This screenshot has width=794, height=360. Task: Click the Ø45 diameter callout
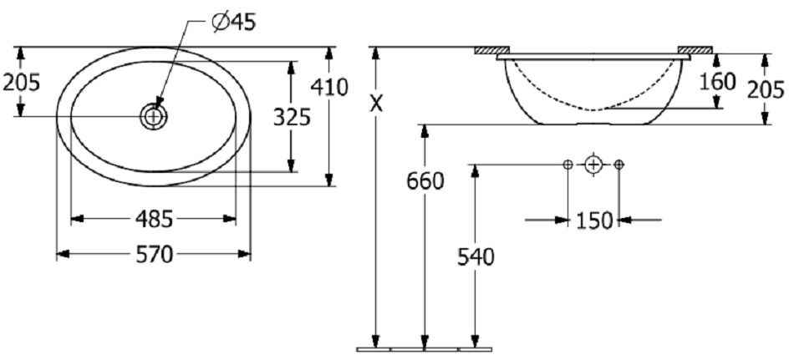click(x=235, y=23)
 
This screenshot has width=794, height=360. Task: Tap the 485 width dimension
click(x=155, y=219)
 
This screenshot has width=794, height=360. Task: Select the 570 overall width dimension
click(x=155, y=254)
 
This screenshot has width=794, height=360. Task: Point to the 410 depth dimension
click(x=329, y=87)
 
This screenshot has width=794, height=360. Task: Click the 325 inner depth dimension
click(x=292, y=118)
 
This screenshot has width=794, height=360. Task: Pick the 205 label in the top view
click(x=21, y=82)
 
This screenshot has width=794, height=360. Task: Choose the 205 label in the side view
click(x=766, y=89)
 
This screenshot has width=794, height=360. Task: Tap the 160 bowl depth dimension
click(x=717, y=81)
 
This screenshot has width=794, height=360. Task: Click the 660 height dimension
click(x=425, y=180)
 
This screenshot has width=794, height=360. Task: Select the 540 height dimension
click(x=476, y=257)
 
